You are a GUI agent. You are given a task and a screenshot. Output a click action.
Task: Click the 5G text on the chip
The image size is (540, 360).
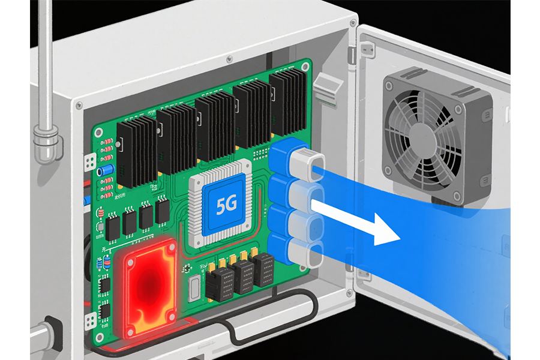(227, 205)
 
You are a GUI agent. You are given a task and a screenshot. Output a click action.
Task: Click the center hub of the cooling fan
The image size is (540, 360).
(422, 138)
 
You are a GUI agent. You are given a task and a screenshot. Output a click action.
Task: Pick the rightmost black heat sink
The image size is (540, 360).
(289, 103)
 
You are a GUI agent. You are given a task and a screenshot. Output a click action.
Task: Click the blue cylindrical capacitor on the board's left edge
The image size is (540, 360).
(106, 170)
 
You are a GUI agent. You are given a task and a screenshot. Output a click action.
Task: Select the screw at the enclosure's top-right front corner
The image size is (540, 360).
(353, 23)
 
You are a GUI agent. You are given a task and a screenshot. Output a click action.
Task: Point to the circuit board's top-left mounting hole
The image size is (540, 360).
(99, 132)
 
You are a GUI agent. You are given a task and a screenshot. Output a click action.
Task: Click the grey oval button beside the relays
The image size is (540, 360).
(194, 287)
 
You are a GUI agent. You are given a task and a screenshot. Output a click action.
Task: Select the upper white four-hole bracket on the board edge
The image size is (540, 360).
(90, 162)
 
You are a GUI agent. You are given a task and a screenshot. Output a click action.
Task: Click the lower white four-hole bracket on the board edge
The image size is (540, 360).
(90, 321)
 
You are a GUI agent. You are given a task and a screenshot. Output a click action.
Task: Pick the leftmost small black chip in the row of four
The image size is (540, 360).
(113, 227)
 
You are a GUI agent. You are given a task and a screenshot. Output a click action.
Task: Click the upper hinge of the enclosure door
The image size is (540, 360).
(351, 55)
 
